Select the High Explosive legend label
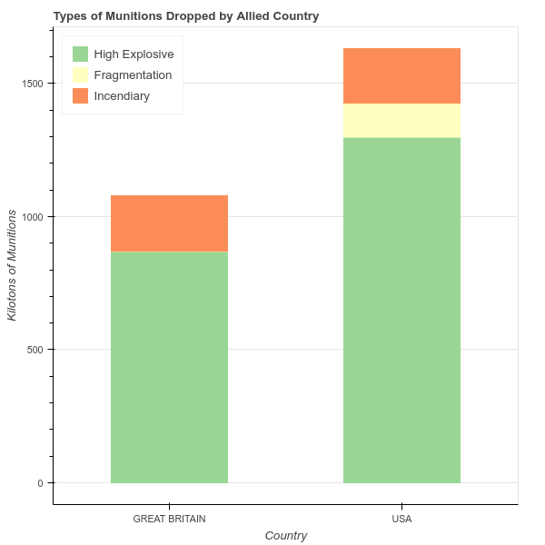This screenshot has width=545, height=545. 134,54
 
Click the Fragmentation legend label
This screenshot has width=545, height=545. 133,74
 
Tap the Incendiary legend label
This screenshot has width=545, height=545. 122,95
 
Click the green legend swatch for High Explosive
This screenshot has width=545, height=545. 81,54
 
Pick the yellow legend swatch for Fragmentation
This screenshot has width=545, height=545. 81,74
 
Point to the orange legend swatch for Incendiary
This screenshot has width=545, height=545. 81,95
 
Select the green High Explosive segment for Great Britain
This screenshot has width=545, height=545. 169,367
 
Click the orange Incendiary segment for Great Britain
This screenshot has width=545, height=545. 169,223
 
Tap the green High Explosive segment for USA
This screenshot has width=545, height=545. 401,310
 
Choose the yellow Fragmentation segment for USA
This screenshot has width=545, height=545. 401,121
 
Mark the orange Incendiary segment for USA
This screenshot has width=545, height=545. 401,75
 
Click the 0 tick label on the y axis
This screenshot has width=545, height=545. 40,482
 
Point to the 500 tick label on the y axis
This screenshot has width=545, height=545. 35,350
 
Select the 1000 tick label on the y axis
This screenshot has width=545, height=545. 32,216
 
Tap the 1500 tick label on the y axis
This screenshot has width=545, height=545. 32,84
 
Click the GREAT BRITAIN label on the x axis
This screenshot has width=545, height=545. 169,520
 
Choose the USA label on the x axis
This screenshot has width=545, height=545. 401,520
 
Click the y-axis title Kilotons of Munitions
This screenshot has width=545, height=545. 13,264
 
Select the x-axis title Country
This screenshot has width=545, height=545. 285,536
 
